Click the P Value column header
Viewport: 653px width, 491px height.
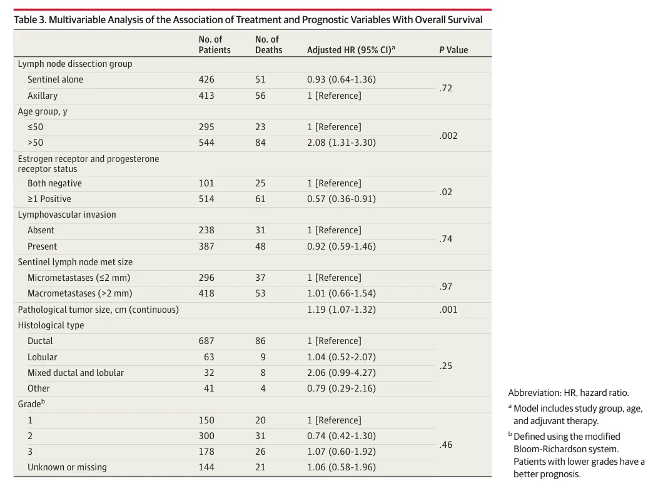pos(453,50)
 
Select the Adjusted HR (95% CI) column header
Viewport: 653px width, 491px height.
pos(351,49)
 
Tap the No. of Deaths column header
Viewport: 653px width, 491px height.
pos(268,44)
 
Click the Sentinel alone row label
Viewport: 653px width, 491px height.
pos(55,79)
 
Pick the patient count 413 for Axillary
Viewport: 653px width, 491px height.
pos(206,96)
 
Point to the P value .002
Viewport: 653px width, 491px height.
pos(448,136)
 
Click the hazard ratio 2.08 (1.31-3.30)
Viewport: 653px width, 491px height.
pos(342,143)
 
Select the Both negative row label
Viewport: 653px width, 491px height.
pos(54,183)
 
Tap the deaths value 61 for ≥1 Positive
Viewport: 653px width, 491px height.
pos(260,199)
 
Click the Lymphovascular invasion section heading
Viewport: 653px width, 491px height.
pos(67,215)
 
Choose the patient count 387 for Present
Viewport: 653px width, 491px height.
pos(206,246)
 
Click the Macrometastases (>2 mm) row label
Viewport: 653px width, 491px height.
pos(80,293)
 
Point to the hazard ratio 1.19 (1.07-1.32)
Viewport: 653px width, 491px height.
pos(342,310)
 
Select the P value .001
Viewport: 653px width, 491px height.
pos(448,310)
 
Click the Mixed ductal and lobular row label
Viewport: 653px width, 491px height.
pos(76,373)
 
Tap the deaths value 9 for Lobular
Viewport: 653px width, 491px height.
pos(263,357)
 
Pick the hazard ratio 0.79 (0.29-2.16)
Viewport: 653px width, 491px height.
pos(342,388)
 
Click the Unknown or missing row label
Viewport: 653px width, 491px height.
pos(67,467)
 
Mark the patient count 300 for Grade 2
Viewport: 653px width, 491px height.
pos(206,436)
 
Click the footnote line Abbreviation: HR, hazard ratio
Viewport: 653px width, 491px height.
pos(569,393)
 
